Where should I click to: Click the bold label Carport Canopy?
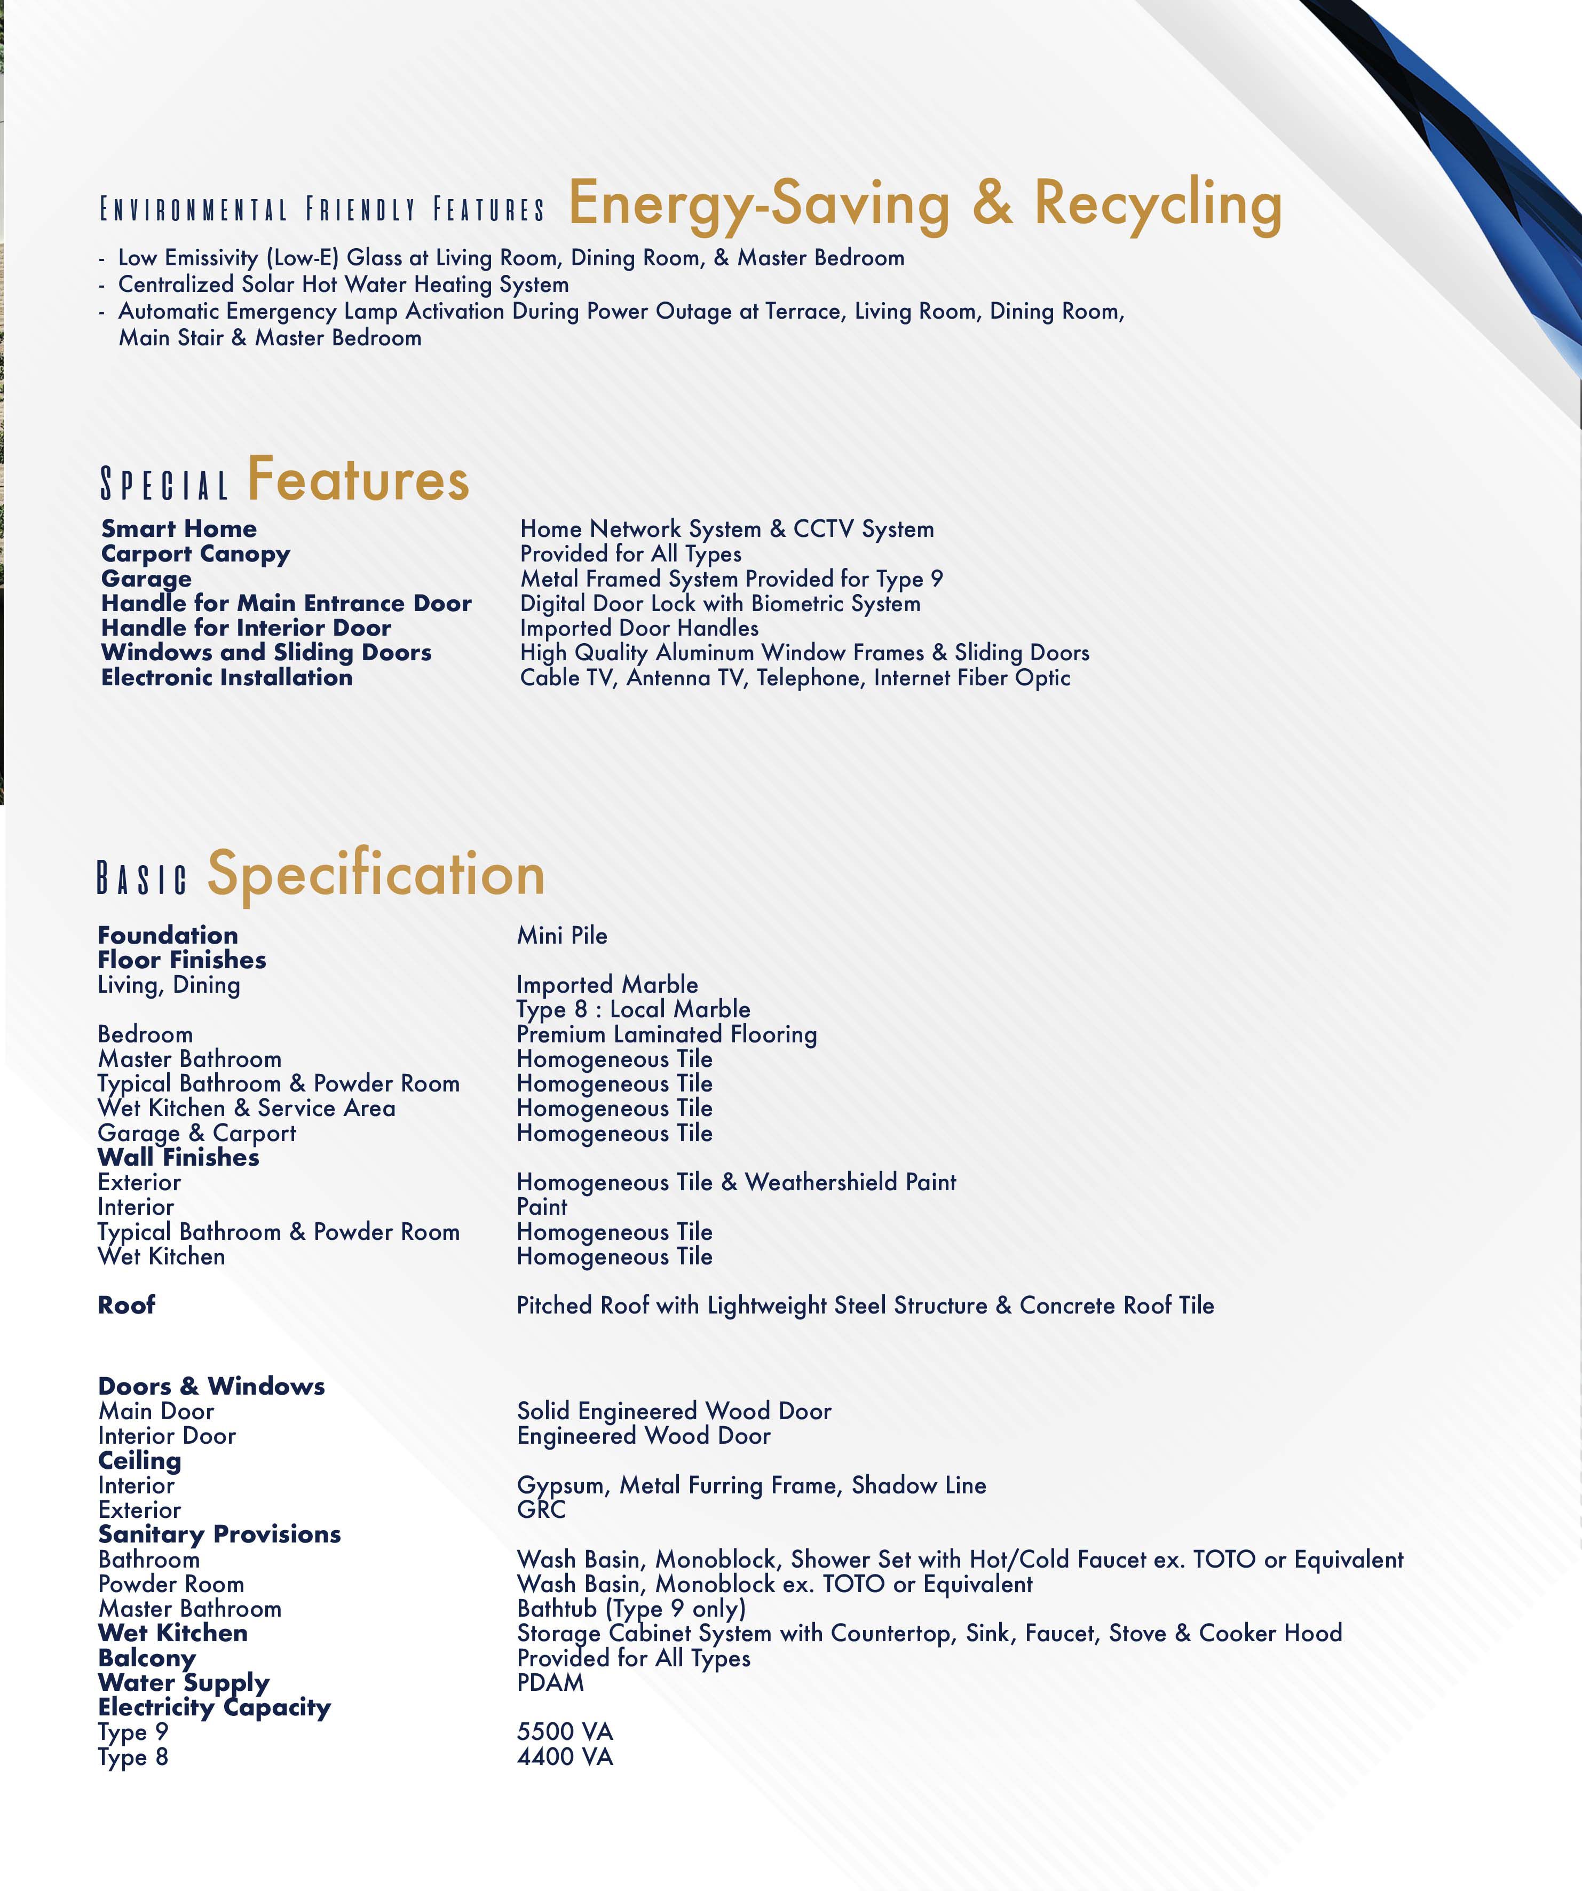point(195,554)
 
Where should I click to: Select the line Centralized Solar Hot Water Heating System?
point(343,284)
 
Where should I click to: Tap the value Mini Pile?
point(562,936)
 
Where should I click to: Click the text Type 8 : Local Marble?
point(633,1009)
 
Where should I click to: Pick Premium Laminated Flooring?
point(666,1035)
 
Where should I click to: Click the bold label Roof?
point(126,1305)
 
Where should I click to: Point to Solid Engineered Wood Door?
point(674,1411)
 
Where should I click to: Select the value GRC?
point(541,1510)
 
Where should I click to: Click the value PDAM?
point(550,1682)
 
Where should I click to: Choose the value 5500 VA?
point(565,1731)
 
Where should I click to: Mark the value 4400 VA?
point(565,1757)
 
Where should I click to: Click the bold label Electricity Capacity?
point(214,1707)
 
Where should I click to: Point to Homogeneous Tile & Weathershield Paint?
point(735,1182)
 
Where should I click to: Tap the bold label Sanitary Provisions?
point(219,1534)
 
